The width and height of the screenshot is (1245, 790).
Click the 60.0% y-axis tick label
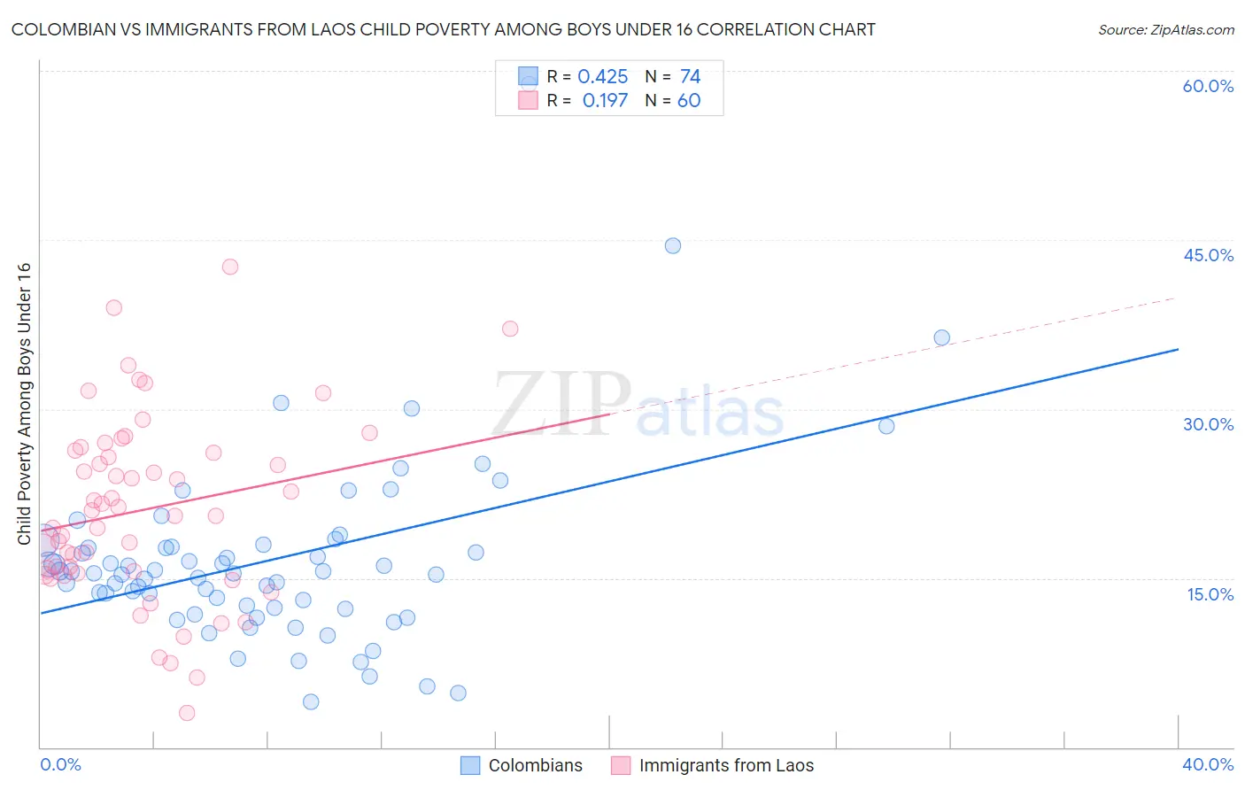tap(1208, 86)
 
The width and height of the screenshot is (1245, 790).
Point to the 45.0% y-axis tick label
tap(1208, 255)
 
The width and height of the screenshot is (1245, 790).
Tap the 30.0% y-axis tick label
tap(1208, 424)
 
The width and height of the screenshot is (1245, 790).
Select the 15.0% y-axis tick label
tap(1210, 594)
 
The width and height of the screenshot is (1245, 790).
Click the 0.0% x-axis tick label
tap(60, 764)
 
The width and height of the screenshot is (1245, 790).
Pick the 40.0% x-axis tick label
tap(1208, 764)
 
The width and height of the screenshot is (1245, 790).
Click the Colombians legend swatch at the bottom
tap(470, 765)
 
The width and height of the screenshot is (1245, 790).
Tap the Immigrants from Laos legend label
tap(726, 765)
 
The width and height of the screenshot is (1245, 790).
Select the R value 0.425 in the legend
tap(602, 77)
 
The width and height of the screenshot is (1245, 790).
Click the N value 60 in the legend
tap(689, 101)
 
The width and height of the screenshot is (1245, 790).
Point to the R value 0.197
tap(605, 101)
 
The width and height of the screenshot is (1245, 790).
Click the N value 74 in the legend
tap(690, 77)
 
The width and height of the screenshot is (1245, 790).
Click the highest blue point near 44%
tap(673, 246)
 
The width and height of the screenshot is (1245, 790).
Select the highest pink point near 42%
tap(230, 267)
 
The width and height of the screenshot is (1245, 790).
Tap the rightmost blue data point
tap(941, 337)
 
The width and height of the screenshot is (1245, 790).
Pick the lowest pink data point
tap(187, 713)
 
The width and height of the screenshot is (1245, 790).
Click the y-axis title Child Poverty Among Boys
tap(24, 404)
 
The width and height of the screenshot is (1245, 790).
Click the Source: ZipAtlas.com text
tap(1165, 30)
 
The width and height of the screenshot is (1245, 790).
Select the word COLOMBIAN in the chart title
tap(60, 30)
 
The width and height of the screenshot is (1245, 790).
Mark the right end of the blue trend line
tap(1178, 349)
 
